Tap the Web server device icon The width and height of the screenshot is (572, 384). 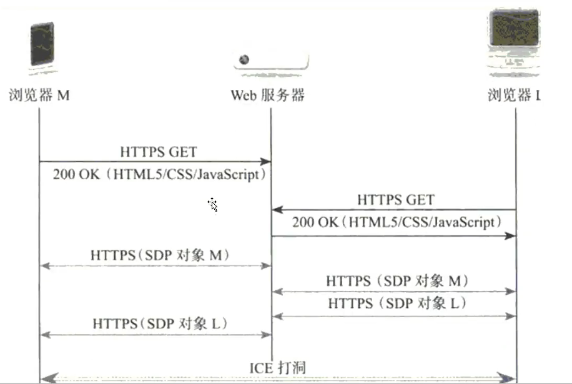271,61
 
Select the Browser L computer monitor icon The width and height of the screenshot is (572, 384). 516,37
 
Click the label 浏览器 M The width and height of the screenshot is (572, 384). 39,96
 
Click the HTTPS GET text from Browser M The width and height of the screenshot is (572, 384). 158,152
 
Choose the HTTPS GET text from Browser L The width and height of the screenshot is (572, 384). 395,200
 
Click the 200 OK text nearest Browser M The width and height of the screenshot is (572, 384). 159,175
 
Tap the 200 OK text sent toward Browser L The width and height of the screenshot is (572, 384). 396,222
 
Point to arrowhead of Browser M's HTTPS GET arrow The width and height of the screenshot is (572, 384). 267,162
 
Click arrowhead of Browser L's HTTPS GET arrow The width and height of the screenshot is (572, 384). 276,210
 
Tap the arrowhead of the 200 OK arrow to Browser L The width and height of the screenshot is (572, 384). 512,236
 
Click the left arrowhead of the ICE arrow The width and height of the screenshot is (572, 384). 46,378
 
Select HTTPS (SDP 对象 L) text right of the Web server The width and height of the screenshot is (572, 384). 397,303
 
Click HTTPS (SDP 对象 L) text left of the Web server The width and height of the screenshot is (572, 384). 160,323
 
